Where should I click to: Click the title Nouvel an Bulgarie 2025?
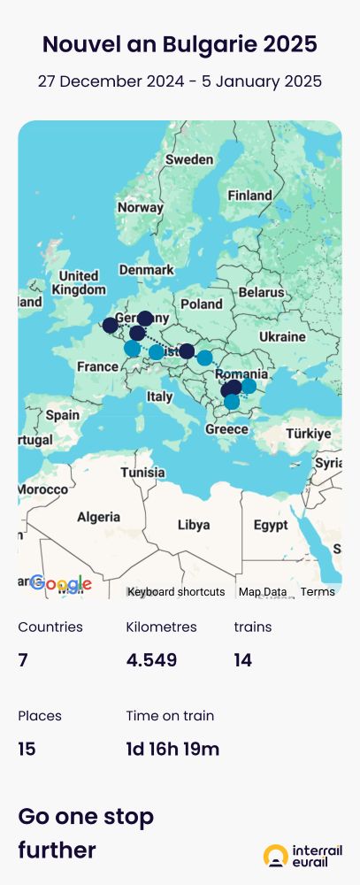point(180,44)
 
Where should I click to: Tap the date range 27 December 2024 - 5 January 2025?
point(180,81)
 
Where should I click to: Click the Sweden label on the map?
point(189,160)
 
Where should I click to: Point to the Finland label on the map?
point(249,195)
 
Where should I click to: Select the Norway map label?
point(141,207)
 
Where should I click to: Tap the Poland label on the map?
point(202,304)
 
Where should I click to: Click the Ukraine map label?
point(281,337)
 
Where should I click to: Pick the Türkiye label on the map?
point(308,434)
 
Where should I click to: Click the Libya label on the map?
point(194,525)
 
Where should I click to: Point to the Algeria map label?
point(98,517)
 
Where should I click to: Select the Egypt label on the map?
point(271,525)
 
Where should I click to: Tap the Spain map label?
point(63,414)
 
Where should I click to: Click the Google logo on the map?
point(61,583)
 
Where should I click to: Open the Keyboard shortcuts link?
point(176,592)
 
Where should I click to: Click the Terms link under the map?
point(318,592)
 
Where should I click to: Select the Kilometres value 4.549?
point(151,660)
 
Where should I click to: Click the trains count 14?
point(243,660)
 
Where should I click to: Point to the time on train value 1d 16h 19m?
point(172,750)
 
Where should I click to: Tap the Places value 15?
point(27,750)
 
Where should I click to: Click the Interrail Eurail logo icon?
point(276,856)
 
